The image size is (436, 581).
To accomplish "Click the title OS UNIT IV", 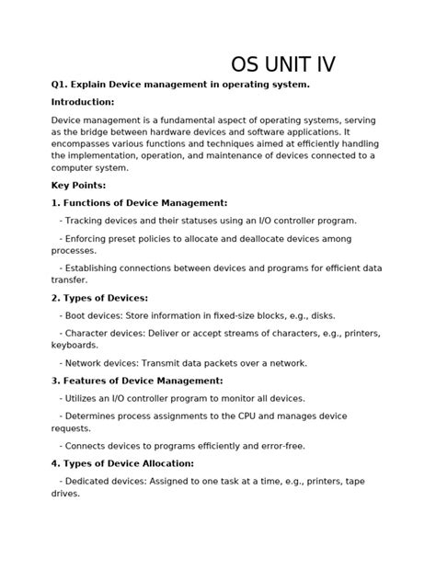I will [282, 64].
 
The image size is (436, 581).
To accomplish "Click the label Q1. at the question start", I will [62, 85].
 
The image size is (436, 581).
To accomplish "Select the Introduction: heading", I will [83, 102].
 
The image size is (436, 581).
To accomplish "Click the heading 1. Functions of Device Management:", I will [139, 202].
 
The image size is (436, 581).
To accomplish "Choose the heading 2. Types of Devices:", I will [99, 298].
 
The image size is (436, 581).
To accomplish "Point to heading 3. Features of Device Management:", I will [137, 381].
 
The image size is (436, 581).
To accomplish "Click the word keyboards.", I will [75, 345].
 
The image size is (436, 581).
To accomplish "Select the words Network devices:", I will [101, 363].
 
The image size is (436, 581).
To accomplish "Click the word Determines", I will [93, 416].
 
